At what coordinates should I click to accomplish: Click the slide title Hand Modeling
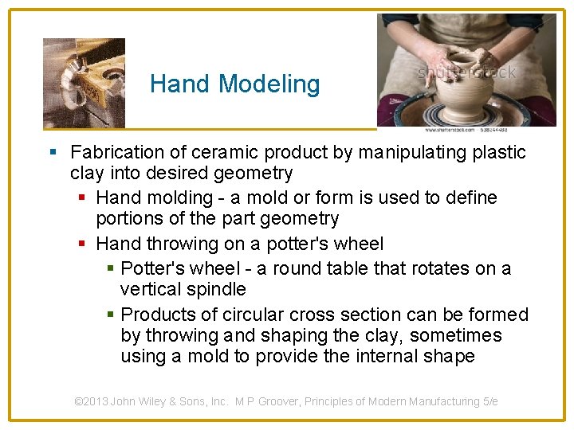click(x=234, y=84)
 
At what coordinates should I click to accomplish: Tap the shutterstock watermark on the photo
click(x=467, y=72)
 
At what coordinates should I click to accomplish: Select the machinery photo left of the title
click(x=84, y=83)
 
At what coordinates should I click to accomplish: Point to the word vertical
click(x=149, y=289)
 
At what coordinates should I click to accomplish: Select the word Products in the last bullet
click(x=155, y=315)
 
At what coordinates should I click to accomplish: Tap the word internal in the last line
click(x=373, y=356)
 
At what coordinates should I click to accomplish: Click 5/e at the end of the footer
click(x=488, y=402)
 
